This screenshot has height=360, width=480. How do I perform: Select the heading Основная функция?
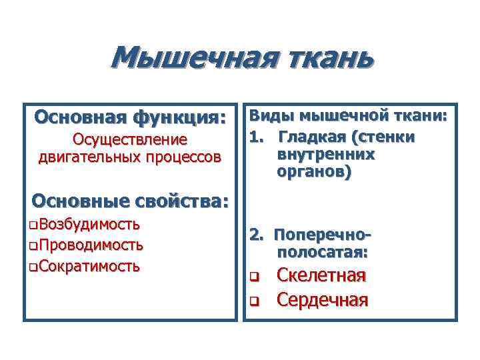pos(130,117)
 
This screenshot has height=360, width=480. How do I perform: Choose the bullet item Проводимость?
pos(91,245)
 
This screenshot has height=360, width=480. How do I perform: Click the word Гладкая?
pos(313,137)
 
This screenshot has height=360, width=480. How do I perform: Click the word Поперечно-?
pos(323,236)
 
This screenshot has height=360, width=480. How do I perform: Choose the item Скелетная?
pos(321,276)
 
